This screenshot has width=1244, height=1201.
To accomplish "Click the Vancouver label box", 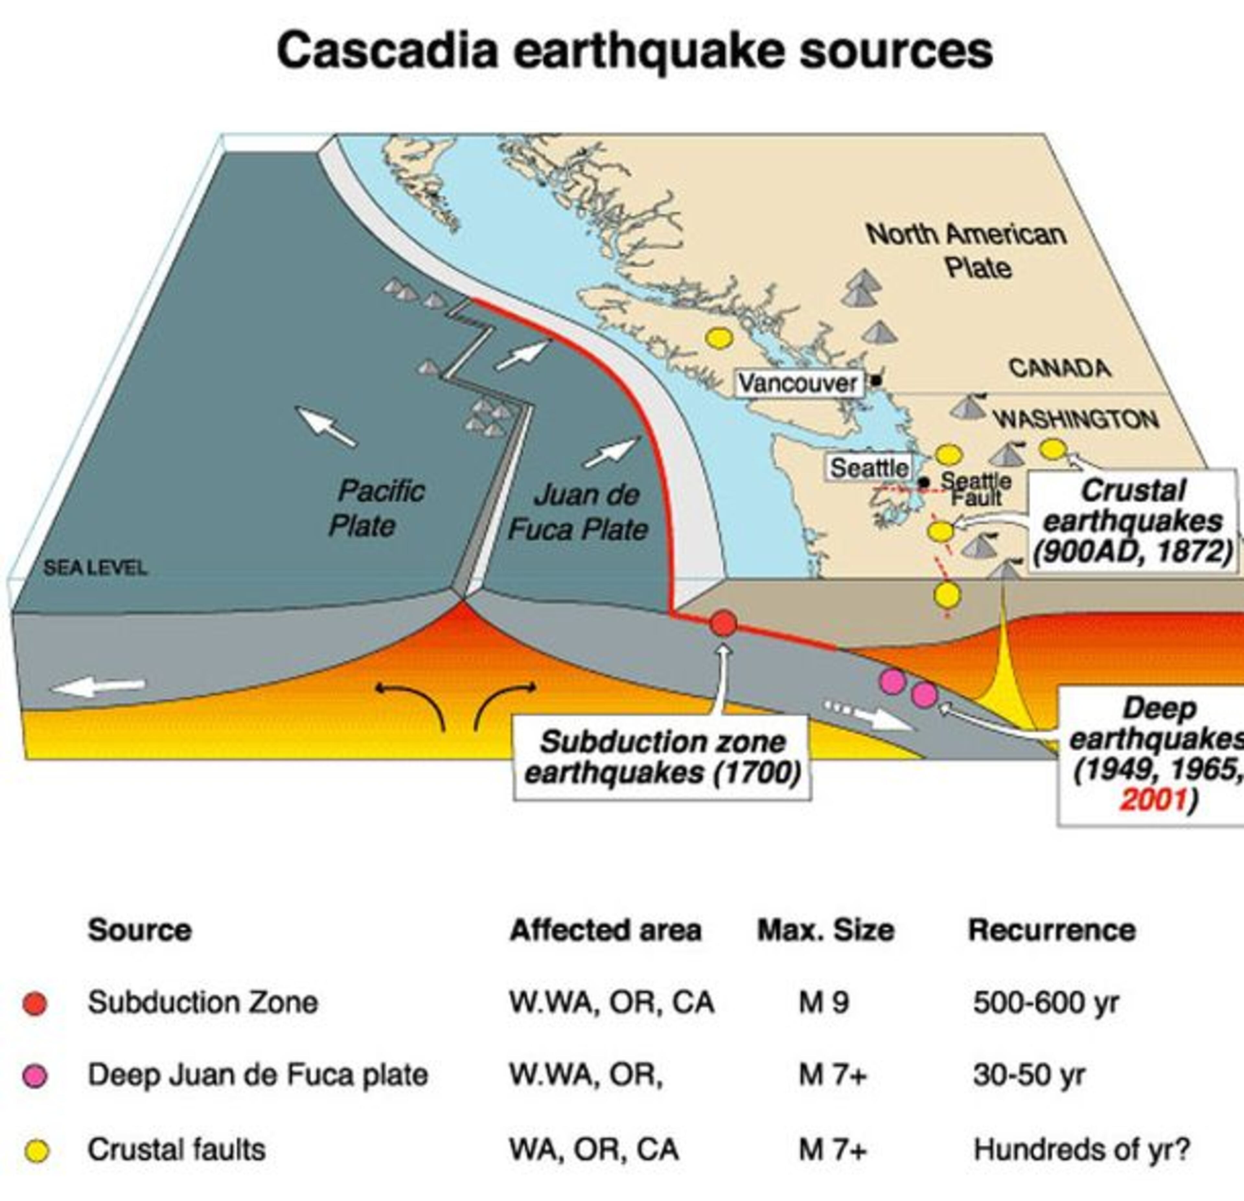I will pos(799,383).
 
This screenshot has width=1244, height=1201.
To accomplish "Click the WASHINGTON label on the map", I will pos(1076,419).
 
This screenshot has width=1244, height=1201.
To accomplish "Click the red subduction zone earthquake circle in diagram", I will pos(723,623).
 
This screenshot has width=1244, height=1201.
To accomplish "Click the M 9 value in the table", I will pos(823,1002).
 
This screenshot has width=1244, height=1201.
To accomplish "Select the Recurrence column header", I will pos(1052,930).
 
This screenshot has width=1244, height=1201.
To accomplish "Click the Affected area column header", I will pos(605,930).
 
